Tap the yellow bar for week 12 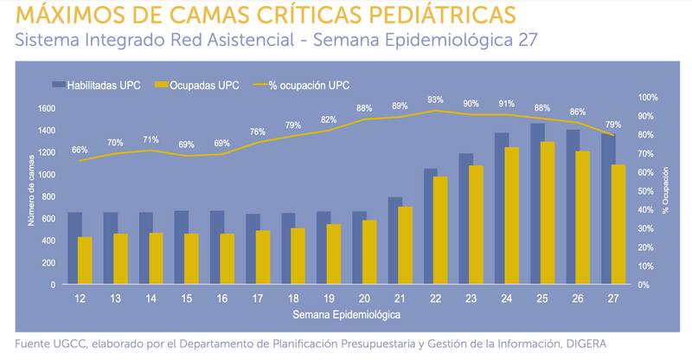(x=85, y=260)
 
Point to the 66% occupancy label (x=80, y=150)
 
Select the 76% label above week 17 (x=259, y=132)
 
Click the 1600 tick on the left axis (x=47, y=109)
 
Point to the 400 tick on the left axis (x=49, y=241)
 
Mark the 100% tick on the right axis (x=648, y=98)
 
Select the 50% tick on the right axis (x=647, y=191)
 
